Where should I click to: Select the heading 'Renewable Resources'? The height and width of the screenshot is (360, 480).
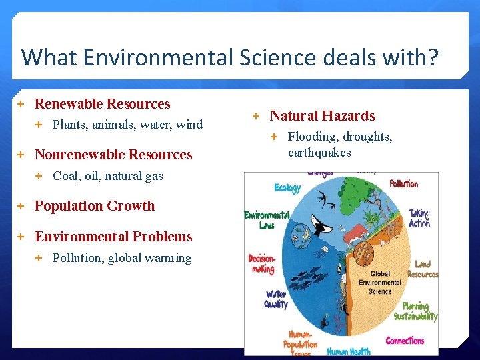click(102, 104)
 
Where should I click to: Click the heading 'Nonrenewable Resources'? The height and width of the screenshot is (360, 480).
click(113, 155)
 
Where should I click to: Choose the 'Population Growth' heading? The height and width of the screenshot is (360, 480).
click(94, 206)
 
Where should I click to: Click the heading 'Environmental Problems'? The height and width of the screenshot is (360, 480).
click(113, 237)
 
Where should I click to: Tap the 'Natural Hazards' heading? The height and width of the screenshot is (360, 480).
click(322, 116)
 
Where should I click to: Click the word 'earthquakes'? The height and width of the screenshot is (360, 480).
click(319, 153)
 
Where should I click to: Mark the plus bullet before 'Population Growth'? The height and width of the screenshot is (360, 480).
click(21, 206)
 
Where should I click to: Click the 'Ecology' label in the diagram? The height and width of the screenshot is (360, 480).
click(287, 188)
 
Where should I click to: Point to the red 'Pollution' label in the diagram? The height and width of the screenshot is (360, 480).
click(403, 183)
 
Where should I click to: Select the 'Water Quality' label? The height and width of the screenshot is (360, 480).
click(276, 299)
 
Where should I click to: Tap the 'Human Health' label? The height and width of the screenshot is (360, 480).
click(349, 351)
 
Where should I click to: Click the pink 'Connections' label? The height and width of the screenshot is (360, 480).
click(405, 341)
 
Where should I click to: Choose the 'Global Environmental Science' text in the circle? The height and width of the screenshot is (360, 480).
click(380, 283)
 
